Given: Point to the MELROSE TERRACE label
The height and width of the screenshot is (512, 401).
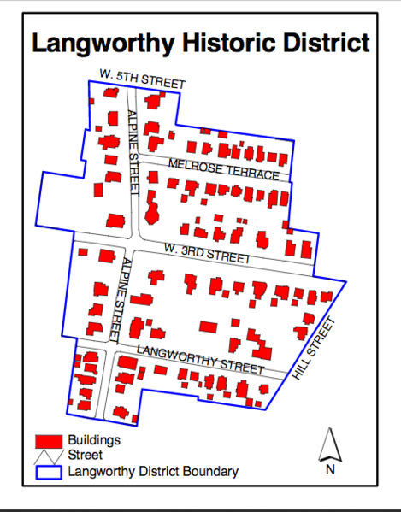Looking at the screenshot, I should (x=223, y=168).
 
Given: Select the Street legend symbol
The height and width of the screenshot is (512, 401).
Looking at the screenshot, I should (x=49, y=456).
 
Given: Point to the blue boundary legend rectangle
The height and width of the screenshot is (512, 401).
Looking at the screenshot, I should (x=50, y=471).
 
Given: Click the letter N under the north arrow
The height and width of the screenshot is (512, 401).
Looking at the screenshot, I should (x=330, y=469).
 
